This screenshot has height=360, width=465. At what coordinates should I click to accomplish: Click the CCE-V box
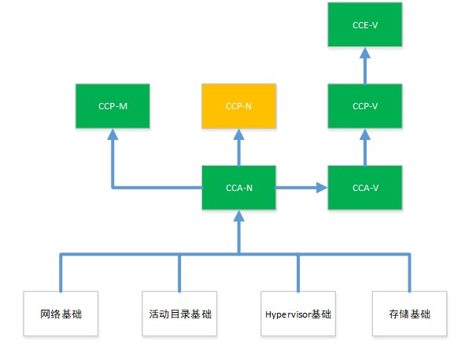365,24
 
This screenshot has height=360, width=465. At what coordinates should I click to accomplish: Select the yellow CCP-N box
238,106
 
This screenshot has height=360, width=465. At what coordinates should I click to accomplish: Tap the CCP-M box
113,106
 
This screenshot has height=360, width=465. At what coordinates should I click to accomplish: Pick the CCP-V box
365,106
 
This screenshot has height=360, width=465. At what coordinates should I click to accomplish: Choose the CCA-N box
238,188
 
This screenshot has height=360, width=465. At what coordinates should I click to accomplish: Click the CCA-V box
365,188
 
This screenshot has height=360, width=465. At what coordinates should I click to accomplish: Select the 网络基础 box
61,314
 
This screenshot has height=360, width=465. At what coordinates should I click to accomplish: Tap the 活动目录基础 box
179,314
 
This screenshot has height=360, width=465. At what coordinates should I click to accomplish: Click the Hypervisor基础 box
298,314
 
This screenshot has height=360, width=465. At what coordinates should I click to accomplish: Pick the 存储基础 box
410,314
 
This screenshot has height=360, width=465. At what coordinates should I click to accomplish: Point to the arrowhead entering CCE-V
365,53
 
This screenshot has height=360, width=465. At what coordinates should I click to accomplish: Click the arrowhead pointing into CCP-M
113,134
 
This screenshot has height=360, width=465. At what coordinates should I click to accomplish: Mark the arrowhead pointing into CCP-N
238,134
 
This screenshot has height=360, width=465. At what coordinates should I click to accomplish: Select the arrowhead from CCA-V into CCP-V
365,134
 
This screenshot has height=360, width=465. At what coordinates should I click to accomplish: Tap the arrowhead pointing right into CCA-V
322,188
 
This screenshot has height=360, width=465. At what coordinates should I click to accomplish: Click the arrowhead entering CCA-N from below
238,216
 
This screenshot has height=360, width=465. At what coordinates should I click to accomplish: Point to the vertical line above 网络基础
61,273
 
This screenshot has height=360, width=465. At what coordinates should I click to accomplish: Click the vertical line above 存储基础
410,273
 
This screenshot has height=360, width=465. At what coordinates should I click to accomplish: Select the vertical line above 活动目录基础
179,273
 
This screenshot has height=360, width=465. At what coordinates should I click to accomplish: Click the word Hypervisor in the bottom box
289,314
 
